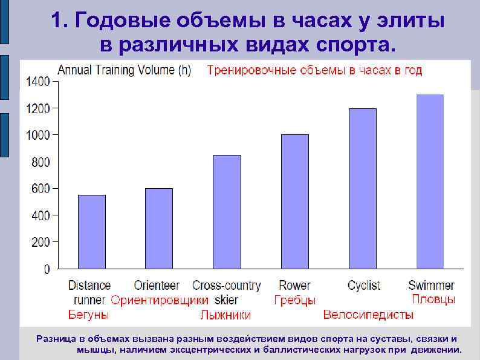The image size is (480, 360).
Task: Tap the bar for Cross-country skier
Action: click(227, 212)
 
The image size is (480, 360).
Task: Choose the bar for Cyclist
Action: click(362, 188)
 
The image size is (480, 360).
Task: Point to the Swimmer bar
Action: click(430, 182)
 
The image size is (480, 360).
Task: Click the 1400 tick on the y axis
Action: click(37, 81)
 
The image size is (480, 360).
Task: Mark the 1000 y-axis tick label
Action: click(37, 135)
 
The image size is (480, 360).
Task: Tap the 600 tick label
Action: click(41, 189)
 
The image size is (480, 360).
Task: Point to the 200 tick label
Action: click(41, 242)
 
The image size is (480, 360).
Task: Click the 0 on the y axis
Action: click(47, 269)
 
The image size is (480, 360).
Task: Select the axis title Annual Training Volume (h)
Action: click(124, 70)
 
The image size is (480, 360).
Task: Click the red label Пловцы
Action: click(433, 299)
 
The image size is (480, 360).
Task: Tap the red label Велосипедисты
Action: click(368, 315)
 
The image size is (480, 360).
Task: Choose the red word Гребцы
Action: click(294, 300)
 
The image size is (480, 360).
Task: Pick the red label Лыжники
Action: click(225, 315)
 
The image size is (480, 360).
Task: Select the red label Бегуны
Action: click(88, 315)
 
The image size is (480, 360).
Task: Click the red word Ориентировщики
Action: click(160, 300)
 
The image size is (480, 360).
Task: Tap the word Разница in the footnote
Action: click(57, 339)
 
